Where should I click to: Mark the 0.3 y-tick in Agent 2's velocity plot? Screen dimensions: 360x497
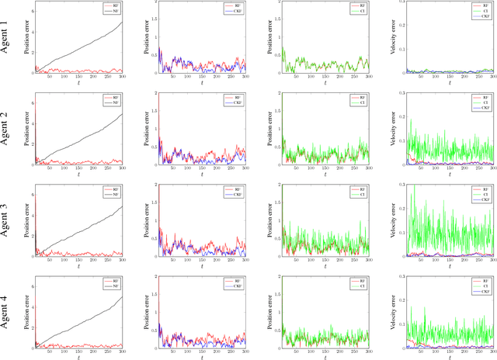[x=399, y=95]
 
